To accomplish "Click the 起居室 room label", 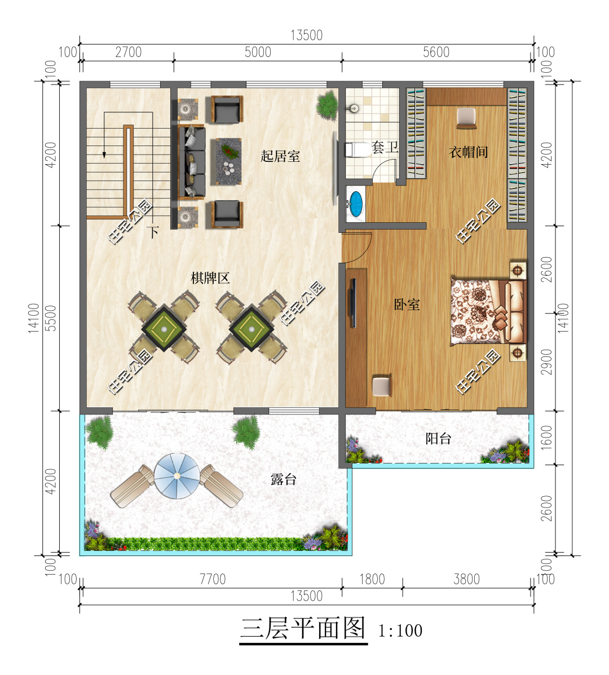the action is [280, 156].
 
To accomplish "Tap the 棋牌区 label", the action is [210, 278].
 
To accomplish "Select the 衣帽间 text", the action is [468, 152].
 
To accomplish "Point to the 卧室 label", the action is [407, 305].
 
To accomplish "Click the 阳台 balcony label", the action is [438, 439].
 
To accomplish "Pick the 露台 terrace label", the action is [284, 479].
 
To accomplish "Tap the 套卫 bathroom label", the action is [385, 147].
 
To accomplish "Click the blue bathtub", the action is [356, 204].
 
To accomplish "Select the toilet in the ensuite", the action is [358, 150].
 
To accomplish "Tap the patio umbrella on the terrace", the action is [176, 476].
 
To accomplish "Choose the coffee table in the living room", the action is [228, 161].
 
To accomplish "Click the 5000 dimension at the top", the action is [258, 52].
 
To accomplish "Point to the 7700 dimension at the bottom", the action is [213, 579].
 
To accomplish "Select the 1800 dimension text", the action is [372, 579].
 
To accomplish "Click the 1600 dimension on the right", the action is [546, 438].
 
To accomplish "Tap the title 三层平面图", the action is [303, 628].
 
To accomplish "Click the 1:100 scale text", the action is [400, 630].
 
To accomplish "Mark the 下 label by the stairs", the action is [153, 232].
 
